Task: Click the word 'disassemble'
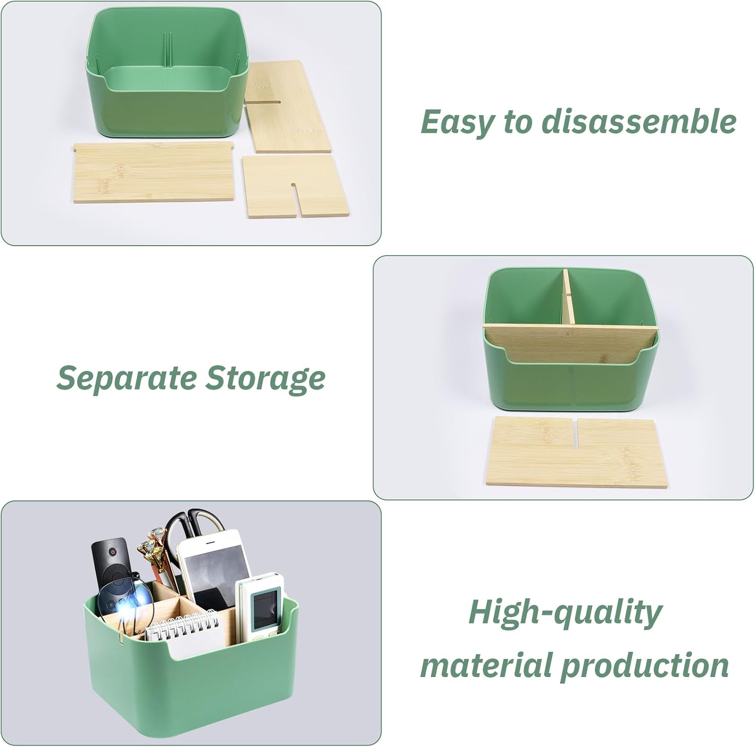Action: coord(639,121)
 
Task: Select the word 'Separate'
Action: coord(126,379)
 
